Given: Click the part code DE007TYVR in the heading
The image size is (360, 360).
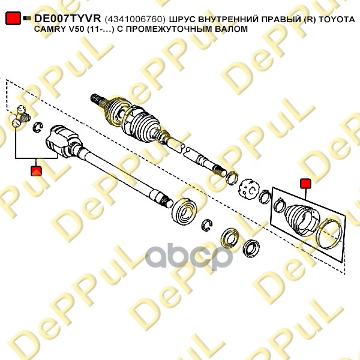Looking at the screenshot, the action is [67, 19].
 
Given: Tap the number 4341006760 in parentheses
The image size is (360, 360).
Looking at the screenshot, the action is [135, 20].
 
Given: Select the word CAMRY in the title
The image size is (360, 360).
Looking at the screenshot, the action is [49, 29].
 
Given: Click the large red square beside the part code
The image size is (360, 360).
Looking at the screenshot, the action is [13, 18].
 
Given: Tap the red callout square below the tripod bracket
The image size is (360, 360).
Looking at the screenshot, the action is [36, 171].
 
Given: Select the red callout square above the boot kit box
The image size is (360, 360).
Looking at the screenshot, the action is [305, 184].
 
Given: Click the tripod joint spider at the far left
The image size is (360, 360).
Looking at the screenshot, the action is [20, 116].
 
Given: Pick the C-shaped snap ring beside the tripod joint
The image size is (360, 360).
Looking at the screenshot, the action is [38, 127].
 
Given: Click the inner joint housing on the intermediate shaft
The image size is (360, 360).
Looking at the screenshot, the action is [63, 141].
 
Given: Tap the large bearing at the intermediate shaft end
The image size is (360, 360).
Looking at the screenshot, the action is [184, 211].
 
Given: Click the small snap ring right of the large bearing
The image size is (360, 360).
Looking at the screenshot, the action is [207, 226].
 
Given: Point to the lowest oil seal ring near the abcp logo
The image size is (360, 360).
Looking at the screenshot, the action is [251, 248].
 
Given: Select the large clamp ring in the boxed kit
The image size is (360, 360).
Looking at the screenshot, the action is [329, 234].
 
